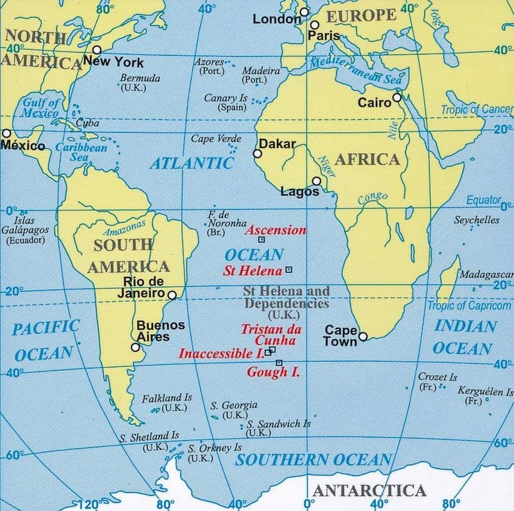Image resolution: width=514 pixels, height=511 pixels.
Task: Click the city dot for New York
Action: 97,49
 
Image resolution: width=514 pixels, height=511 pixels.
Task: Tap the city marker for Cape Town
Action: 363,336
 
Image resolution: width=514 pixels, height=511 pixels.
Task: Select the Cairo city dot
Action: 397,98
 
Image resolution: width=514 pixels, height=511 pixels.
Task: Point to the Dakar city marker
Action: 258,154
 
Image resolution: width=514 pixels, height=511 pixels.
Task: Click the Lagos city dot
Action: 316,181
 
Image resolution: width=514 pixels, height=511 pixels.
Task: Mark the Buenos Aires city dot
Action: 136,347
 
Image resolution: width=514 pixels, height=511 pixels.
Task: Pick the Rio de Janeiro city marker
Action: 172,295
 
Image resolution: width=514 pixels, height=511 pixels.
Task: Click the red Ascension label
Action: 276,230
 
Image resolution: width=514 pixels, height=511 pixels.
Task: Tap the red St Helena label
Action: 253,271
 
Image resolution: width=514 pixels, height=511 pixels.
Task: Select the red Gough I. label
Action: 273,372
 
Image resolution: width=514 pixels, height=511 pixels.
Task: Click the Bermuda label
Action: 140,78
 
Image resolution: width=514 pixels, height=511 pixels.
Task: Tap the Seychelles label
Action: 477,219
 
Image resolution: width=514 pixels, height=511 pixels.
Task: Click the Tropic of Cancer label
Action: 476,110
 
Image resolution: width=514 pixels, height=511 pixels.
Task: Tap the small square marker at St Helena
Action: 288,269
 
